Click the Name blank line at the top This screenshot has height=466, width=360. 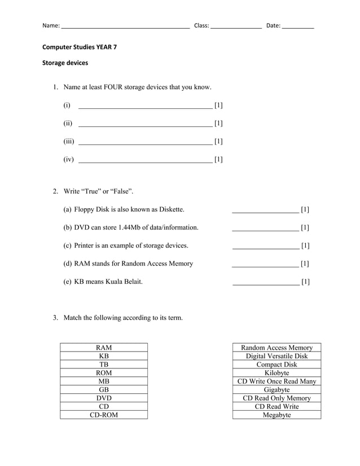[x=125, y=27]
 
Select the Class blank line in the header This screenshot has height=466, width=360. [x=236, y=27]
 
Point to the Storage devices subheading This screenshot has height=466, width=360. [x=65, y=63]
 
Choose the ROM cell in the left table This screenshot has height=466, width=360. [x=104, y=373]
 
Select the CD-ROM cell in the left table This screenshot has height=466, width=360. [x=104, y=415]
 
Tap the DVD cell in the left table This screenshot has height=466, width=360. [x=104, y=398]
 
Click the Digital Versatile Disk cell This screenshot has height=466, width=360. [x=276, y=356]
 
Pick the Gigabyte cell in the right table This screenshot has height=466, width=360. [x=276, y=390]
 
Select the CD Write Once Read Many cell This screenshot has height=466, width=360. [x=276, y=381]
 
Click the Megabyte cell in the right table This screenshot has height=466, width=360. [x=276, y=415]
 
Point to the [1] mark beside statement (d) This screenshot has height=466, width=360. [x=305, y=263]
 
